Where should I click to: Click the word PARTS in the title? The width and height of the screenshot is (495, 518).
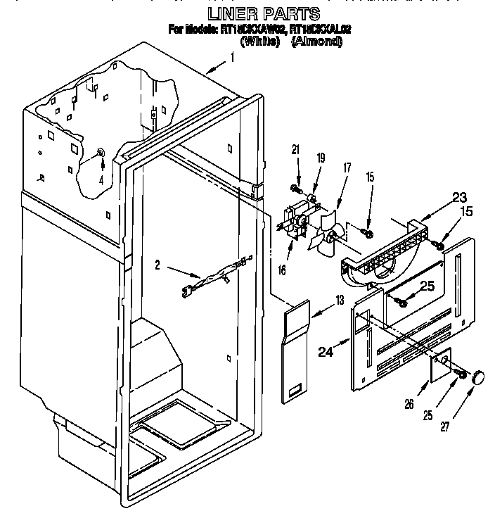tap(294, 13)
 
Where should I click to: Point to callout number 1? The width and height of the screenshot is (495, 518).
tap(232, 59)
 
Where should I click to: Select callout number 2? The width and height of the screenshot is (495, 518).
tap(158, 265)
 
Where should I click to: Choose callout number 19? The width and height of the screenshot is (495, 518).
tap(320, 160)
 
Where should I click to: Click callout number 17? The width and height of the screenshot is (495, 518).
tap(346, 169)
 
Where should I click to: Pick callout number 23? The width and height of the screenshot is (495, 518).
tap(439, 198)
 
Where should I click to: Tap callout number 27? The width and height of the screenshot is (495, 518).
tap(444, 426)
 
